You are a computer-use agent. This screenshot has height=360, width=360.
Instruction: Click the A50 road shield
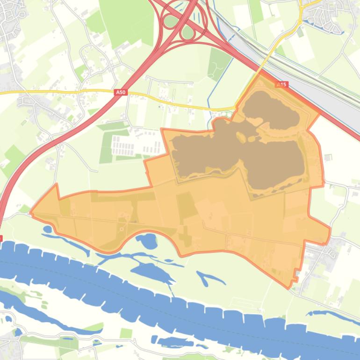(121, 93)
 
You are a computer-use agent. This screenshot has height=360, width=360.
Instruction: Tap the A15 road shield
(281, 85)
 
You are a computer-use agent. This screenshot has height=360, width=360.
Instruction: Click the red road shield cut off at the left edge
(1, 238)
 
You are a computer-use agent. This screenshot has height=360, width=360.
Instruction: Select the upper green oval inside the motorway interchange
(171, 21)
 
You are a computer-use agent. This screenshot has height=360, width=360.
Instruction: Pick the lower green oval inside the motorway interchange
(188, 33)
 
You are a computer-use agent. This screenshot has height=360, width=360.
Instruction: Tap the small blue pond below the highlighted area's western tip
(48, 230)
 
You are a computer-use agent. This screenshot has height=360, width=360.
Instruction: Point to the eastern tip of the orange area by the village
(330, 229)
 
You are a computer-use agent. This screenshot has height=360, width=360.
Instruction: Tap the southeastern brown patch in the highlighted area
(276, 164)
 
